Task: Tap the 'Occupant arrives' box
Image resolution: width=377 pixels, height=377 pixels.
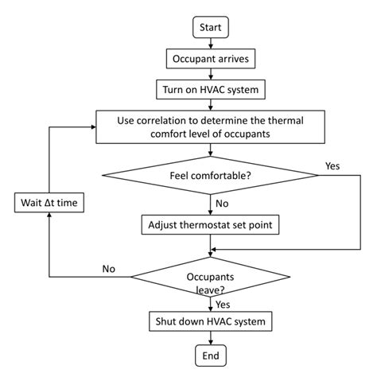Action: click(x=211, y=58)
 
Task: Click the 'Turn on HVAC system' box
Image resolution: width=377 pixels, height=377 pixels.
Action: click(x=211, y=87)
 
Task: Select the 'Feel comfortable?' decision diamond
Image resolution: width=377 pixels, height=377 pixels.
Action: click(x=211, y=177)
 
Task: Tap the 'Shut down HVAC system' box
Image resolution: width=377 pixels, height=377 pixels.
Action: click(x=211, y=321)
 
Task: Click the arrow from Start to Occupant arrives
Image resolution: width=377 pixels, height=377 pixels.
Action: click(x=211, y=43)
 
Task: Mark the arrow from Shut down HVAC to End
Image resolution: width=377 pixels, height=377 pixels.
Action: click(x=211, y=337)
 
